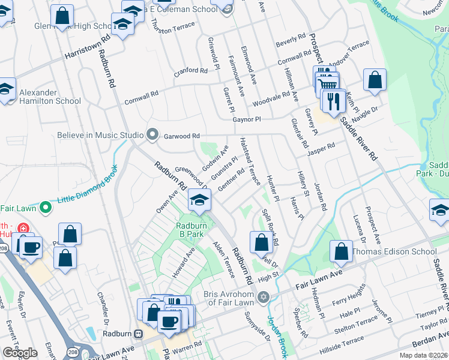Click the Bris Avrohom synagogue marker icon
(263, 298)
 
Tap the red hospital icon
(23, 229)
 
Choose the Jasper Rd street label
(322, 148)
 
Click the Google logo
(20, 352)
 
